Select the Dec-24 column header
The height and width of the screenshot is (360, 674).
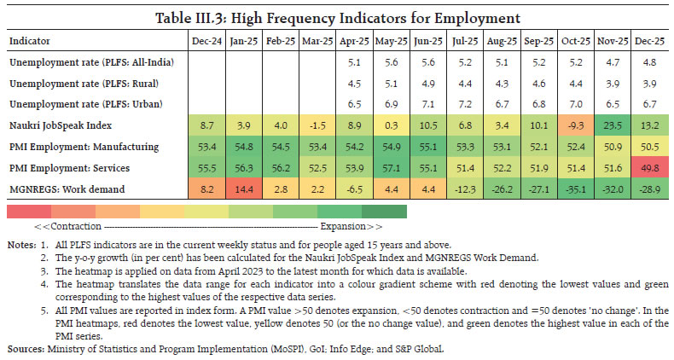click(206, 40)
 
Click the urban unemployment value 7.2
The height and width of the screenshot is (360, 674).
click(466, 103)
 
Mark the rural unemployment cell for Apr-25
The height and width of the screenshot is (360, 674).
click(354, 83)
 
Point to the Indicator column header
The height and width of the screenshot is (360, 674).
click(32, 40)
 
